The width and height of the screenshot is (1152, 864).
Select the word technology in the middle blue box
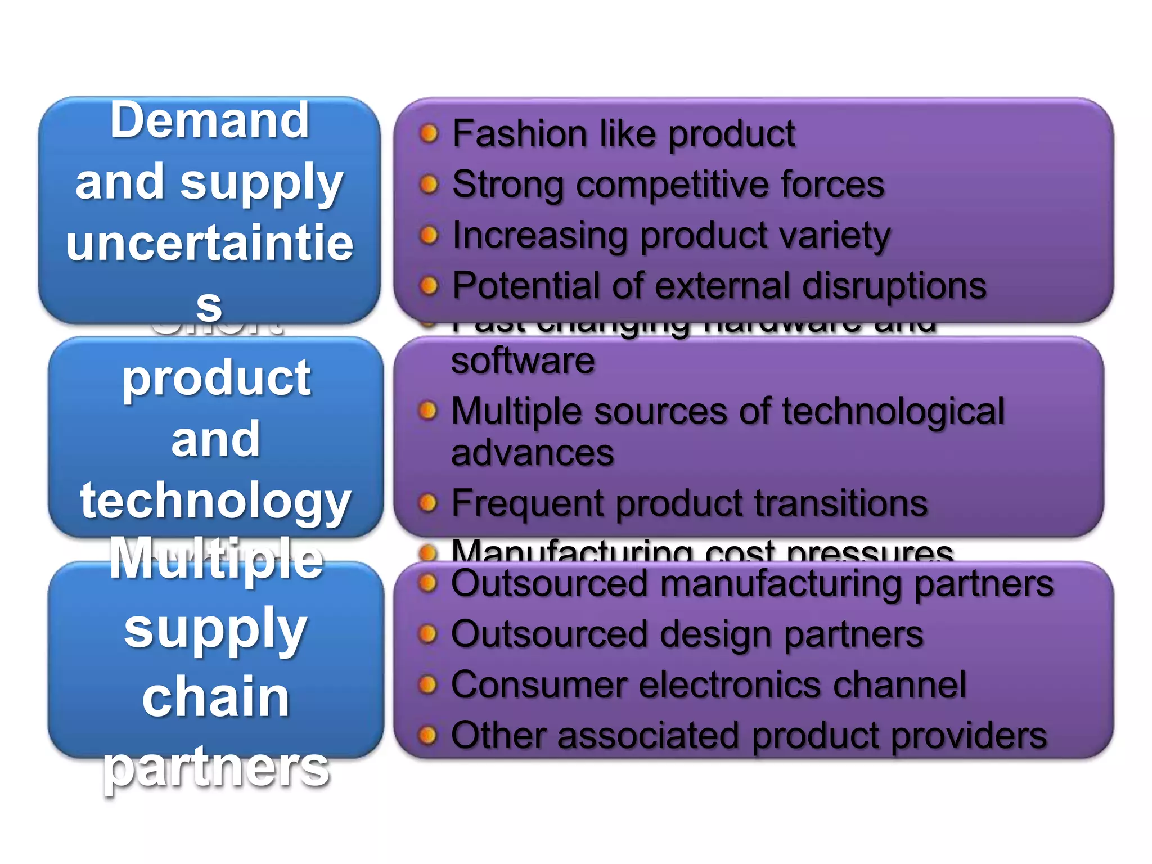click(215, 501)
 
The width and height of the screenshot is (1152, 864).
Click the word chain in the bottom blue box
click(215, 697)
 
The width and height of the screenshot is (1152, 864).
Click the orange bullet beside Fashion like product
click(429, 134)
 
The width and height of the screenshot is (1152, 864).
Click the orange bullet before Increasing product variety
click(429, 235)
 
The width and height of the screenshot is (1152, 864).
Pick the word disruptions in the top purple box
click(894, 286)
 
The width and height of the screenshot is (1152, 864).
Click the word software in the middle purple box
click(523, 361)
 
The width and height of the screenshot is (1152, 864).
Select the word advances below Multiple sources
click(532, 453)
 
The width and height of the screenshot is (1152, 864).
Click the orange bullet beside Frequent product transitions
click(428, 503)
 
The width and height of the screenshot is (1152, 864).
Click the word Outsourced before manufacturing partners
click(550, 583)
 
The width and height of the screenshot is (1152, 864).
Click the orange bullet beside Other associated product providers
click(428, 735)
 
